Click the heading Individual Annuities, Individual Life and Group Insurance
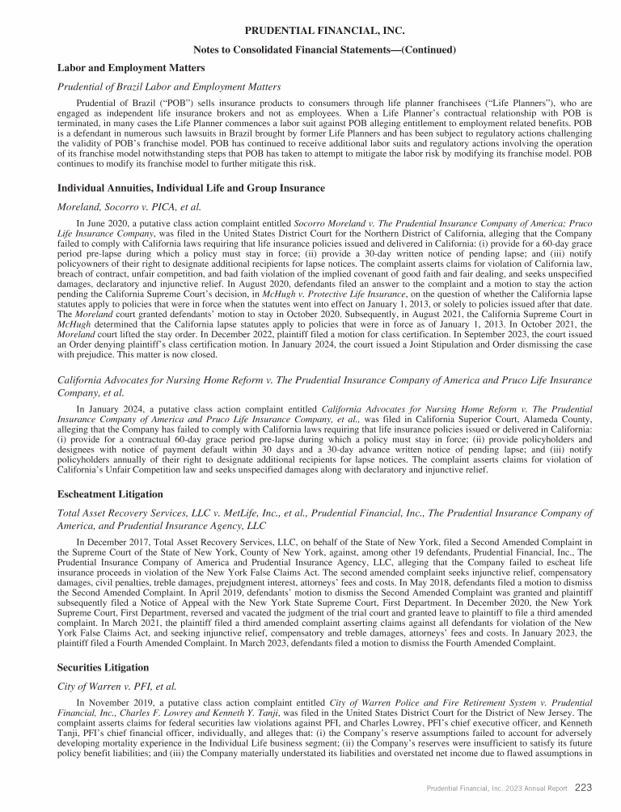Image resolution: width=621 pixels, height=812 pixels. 191,188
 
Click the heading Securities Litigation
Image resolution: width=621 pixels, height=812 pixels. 103,668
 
